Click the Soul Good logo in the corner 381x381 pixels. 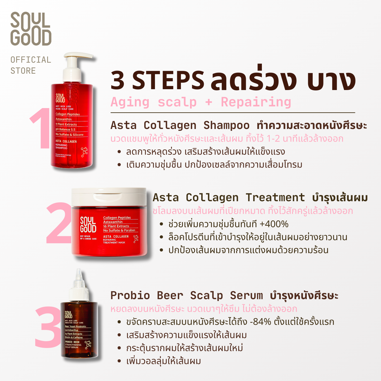coord(31,29)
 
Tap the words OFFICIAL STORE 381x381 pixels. coord(30,65)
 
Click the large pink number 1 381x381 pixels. coord(41,128)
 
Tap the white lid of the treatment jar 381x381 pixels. coord(109,197)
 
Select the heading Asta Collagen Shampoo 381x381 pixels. coord(180,125)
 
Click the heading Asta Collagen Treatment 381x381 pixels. coord(229,198)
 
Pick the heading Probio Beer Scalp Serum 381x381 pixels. coord(187,295)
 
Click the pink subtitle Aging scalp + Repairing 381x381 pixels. coord(201,102)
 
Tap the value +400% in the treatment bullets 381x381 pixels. coord(274,224)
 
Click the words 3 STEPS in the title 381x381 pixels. coord(157,80)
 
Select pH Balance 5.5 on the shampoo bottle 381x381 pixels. coord(65,130)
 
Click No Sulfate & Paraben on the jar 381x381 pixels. coord(119,230)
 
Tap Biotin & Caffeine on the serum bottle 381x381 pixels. coord(74,337)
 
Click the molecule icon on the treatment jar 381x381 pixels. coord(136,239)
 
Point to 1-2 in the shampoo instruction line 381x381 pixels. coord(273,139)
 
